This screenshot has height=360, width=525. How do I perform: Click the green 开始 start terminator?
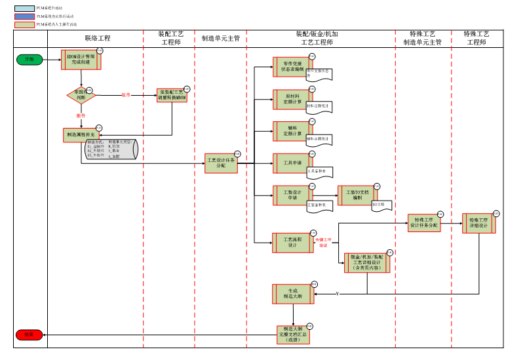[29, 60]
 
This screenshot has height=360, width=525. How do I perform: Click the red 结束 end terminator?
[29, 335]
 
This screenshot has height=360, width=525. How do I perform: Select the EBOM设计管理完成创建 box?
[81, 60]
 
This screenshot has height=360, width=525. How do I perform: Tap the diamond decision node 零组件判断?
[81, 95]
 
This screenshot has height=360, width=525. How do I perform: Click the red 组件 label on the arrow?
[126, 95]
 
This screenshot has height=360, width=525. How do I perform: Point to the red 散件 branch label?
[81, 115]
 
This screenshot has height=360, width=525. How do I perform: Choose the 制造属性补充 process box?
[81, 134]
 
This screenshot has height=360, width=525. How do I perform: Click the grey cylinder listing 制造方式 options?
[112, 150]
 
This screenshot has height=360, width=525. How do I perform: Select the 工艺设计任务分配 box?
[221, 163]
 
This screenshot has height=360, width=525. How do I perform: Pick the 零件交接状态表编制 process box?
[292, 67]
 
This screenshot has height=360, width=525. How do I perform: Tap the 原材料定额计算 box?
[292, 99]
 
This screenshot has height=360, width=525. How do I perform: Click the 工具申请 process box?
[292, 163]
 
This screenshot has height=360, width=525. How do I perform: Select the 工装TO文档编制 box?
[357, 195]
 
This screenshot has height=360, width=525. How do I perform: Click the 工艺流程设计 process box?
[292, 243]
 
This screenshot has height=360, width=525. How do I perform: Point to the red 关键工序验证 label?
[324, 243]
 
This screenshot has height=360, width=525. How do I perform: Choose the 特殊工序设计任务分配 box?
[423, 223]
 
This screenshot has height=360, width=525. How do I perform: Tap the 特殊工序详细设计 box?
[478, 223]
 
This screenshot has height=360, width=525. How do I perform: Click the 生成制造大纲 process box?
[292, 294]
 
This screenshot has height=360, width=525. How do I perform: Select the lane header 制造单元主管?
[220, 39]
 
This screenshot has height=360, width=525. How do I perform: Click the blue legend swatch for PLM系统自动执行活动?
[25, 16]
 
